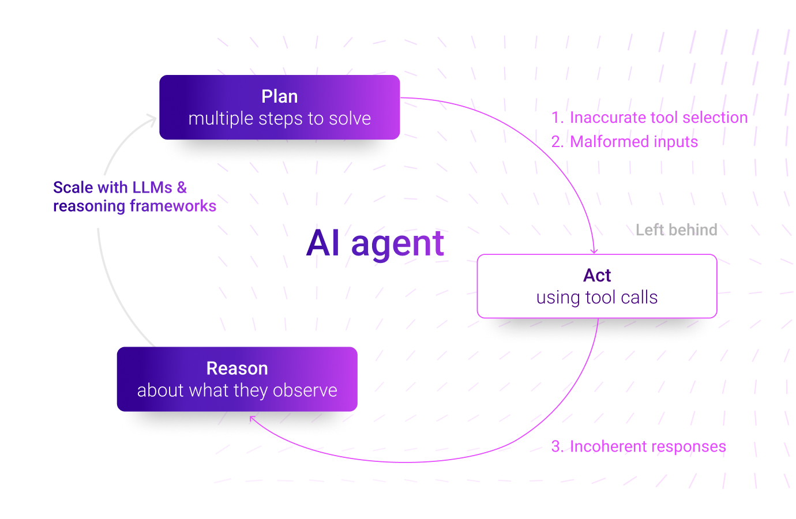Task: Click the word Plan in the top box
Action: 279,96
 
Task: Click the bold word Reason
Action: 237,368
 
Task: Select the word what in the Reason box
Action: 204,391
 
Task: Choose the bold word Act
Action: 597,276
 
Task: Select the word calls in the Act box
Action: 640,298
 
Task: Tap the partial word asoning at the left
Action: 92,206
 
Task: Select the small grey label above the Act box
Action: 678,231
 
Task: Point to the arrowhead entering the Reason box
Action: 251,418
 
